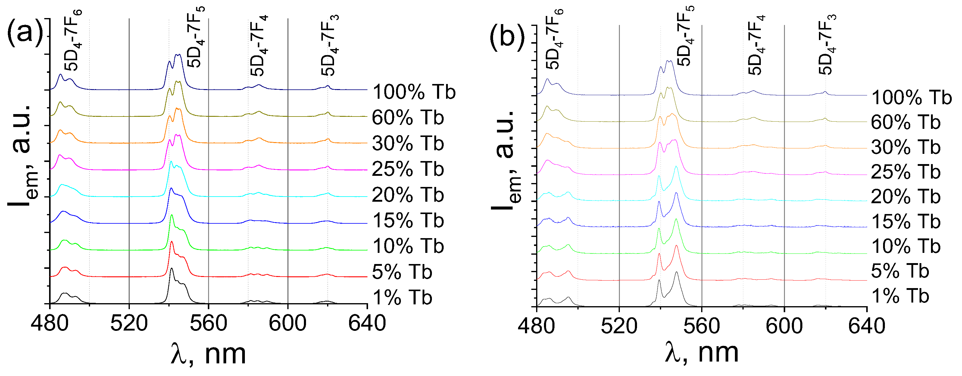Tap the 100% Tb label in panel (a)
[414, 92]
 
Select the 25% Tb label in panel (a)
[408, 169]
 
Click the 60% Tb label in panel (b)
[905, 123]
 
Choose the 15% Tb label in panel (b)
[905, 222]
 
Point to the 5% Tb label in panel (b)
[900, 271]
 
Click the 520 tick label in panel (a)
[129, 323]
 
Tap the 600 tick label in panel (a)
[288, 323]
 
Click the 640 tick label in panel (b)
[867, 326]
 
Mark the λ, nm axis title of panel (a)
[208, 354]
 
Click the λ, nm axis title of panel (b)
[701, 353]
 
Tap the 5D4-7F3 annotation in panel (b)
[827, 45]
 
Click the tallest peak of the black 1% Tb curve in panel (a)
[171, 269]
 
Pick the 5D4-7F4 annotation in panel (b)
[757, 45]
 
